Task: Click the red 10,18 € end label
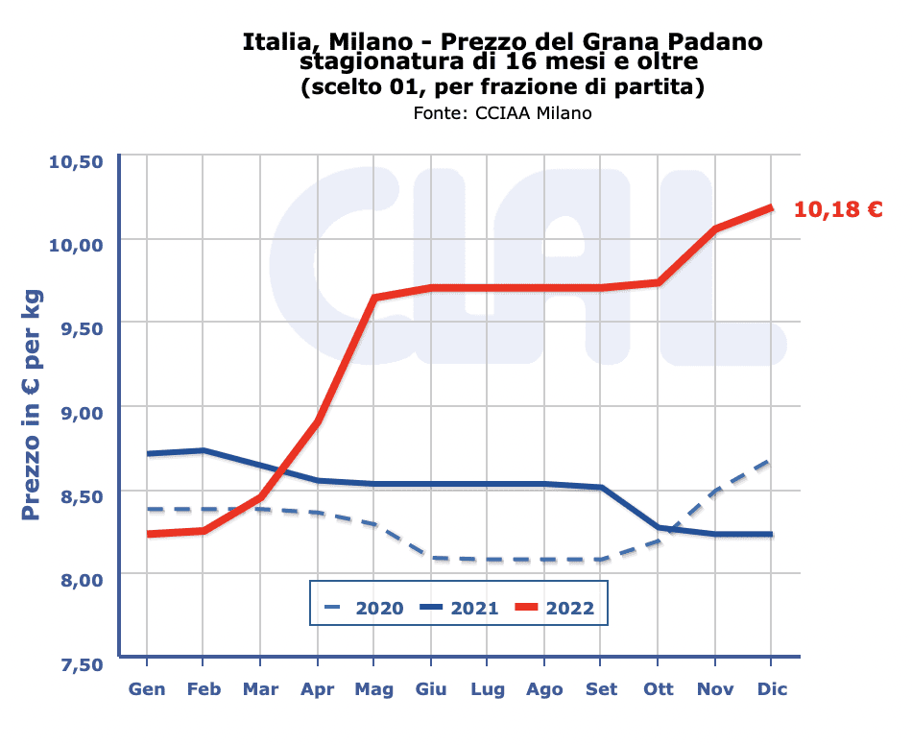838,209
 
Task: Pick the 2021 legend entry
459,608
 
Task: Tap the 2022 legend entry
555,608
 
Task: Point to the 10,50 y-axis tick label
76,161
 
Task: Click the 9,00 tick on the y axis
82,413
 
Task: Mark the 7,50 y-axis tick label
82,664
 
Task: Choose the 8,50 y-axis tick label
82,496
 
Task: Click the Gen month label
147,689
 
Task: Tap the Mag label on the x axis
374,689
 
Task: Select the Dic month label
772,689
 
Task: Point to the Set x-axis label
601,689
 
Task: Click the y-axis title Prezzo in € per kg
31,405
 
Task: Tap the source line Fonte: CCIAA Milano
502,113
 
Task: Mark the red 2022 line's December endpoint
771,207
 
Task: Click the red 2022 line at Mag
374,298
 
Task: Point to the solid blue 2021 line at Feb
203,450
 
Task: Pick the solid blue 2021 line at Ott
658,527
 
